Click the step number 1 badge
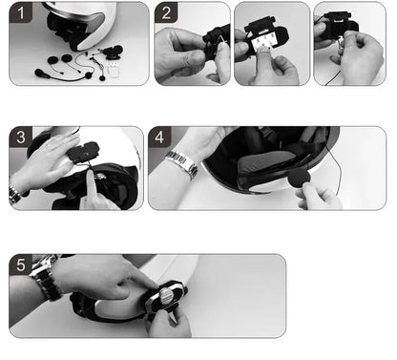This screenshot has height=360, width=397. point(21,12)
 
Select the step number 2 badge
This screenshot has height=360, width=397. point(166,12)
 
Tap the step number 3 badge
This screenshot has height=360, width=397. point(21,137)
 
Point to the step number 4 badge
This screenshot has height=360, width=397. point(159,137)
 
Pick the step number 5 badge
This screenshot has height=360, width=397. point(21,265)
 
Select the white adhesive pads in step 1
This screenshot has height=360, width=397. point(113,70)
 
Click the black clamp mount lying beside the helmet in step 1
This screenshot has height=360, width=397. point(113,52)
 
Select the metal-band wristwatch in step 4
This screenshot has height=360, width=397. point(182,163)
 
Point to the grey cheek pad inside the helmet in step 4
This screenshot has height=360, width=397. point(266,163)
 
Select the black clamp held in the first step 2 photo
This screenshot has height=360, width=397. point(217,41)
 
